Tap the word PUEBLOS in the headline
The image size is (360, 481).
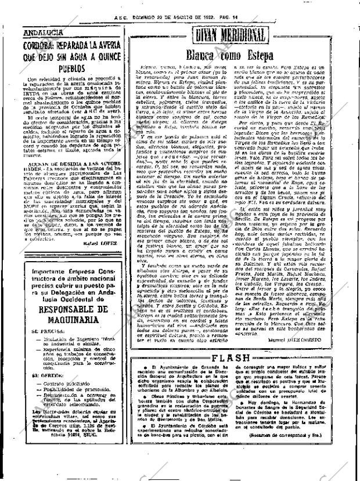[x=69, y=68]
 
